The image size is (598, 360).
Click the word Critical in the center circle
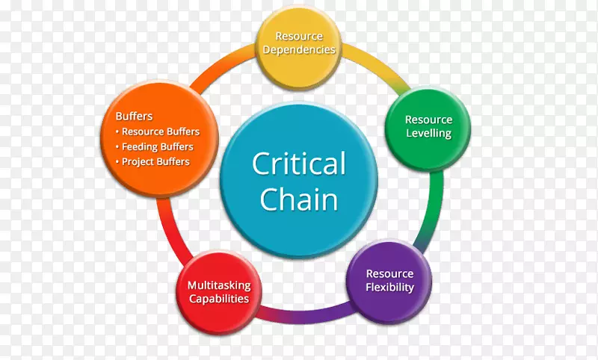pos(298,164)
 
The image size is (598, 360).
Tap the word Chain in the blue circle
pos(298,199)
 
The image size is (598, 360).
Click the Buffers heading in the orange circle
pos(135,117)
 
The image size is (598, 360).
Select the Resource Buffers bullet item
pos(160,131)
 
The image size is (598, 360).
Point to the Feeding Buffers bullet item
pos(157,146)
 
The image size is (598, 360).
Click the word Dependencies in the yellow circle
pos(299,50)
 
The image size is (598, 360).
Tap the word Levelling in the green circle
pos(428,134)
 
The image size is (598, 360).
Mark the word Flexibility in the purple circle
pos(389,288)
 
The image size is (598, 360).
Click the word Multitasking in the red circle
pos(219,285)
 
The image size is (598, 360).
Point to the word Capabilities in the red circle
pos(218,299)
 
